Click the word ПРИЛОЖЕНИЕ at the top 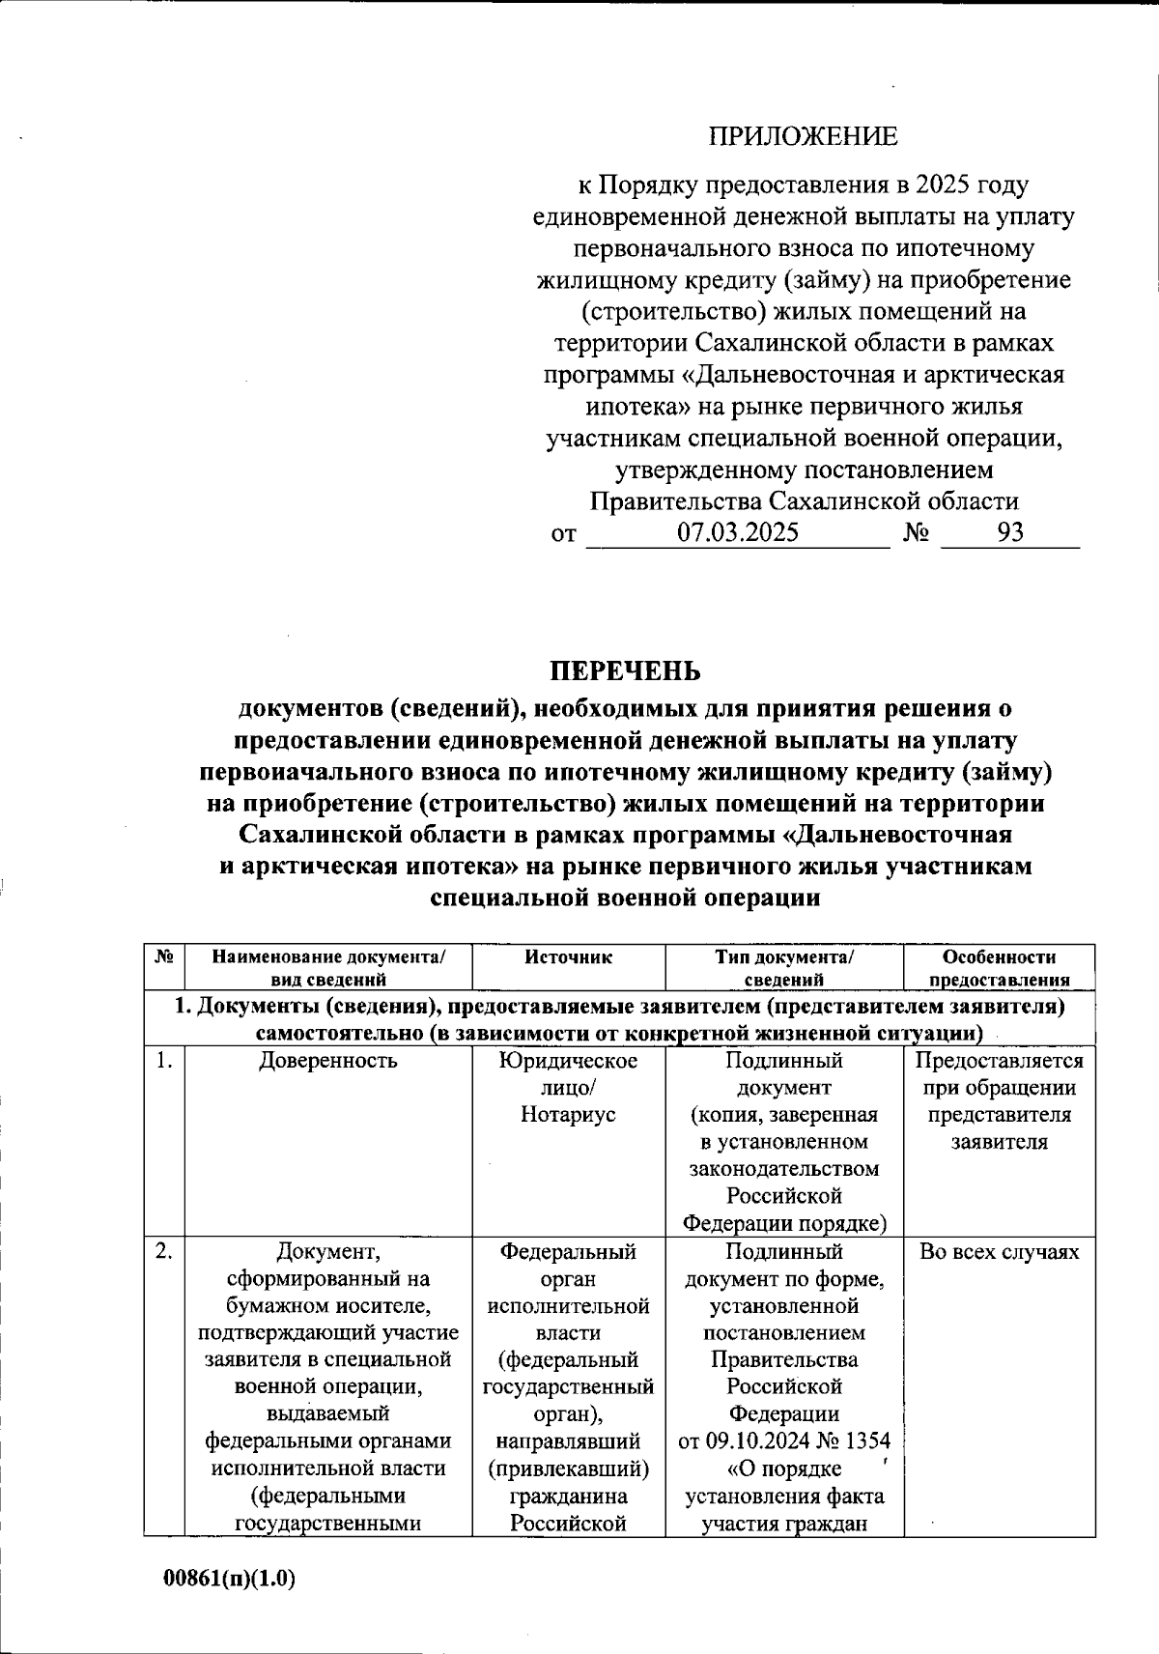pos(804,137)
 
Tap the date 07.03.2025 pos(737,532)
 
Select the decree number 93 pos(1010,532)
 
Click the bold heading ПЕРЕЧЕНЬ pos(625,670)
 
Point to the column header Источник pos(569,957)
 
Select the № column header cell pos(163,957)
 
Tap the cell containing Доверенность pos(328,1061)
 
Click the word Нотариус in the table pos(568,1115)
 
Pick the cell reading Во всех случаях pos(999,1252)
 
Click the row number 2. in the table pos(164,1252)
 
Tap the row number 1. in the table pos(164,1061)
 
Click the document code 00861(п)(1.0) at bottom pos(229,1580)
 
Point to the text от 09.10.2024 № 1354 pos(784,1441)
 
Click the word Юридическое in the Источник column pos(568,1061)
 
